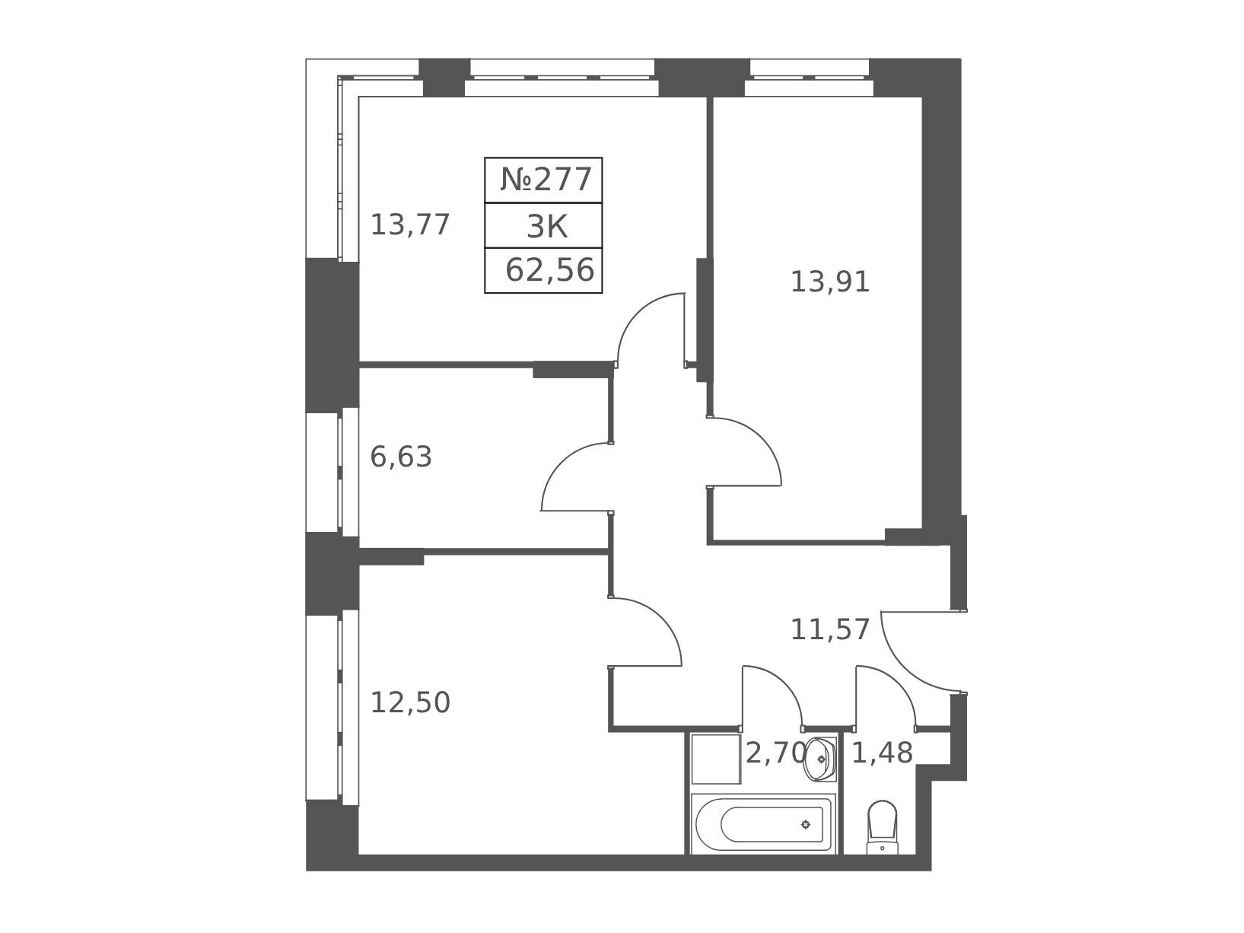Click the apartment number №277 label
click(x=546, y=180)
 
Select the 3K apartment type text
click(x=547, y=227)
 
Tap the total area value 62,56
click(x=549, y=270)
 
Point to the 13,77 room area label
click(x=410, y=224)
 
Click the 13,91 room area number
click(x=829, y=282)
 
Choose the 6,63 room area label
click(x=401, y=457)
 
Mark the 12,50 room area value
click(x=410, y=703)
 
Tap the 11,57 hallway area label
click(x=829, y=630)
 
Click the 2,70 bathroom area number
click(x=775, y=753)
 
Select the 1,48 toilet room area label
click(x=882, y=753)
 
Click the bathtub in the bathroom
click(x=763, y=824)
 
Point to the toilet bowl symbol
click(x=883, y=828)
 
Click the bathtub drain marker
click(x=805, y=825)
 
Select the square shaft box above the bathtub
click(x=716, y=759)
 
